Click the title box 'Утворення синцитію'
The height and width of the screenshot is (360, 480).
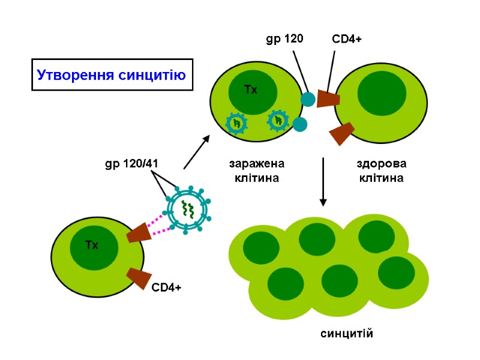[x=112, y=75]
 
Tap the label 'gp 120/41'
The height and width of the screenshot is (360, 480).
[x=131, y=163]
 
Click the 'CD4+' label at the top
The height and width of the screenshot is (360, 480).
[x=347, y=40]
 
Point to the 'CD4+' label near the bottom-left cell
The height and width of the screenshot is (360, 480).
[x=166, y=288]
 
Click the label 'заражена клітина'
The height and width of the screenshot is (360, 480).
[x=256, y=170]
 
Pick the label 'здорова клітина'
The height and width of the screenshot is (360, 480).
[x=381, y=170]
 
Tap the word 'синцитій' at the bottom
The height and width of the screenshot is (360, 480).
[x=346, y=334]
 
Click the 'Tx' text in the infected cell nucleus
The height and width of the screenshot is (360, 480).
[x=251, y=90]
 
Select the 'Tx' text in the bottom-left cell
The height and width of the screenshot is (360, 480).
[x=91, y=245]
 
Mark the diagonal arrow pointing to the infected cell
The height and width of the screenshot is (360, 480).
[x=197, y=152]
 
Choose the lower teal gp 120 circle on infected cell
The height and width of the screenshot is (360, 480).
[x=300, y=125]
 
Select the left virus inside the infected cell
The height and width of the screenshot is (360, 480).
[x=236, y=122]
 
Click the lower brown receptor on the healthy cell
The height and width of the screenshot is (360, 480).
[x=343, y=133]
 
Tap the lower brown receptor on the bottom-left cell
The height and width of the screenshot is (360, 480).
[x=140, y=278]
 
